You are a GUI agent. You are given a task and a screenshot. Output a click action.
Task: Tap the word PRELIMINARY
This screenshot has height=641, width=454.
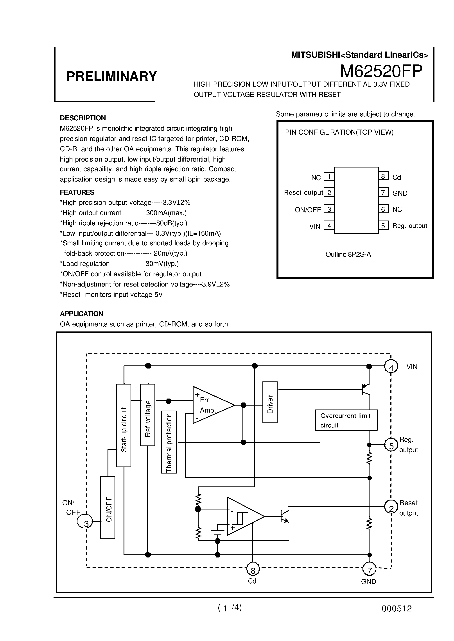pos(111,76)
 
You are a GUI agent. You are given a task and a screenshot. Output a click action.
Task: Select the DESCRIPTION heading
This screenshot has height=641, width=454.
pos(83,118)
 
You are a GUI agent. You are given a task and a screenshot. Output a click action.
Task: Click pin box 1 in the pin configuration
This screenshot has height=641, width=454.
pos(329,176)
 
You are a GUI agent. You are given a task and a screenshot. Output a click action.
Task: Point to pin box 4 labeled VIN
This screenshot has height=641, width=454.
pos(329,225)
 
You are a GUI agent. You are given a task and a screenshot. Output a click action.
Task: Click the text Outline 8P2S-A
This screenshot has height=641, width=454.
pos(348,255)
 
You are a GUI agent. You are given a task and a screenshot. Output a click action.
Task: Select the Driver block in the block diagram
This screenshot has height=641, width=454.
pos(270,402)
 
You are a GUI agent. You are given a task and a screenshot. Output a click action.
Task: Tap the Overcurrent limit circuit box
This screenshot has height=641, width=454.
pos(346,420)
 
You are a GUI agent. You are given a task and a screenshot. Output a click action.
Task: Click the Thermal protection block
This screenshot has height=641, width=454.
pos(169,442)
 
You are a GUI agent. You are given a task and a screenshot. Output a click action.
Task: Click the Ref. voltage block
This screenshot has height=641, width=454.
pos(148,415)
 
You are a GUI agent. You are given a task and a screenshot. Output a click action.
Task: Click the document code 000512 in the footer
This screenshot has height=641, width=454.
pos(397,609)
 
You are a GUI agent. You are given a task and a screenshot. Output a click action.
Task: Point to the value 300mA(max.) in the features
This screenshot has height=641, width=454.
pos(166,213)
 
